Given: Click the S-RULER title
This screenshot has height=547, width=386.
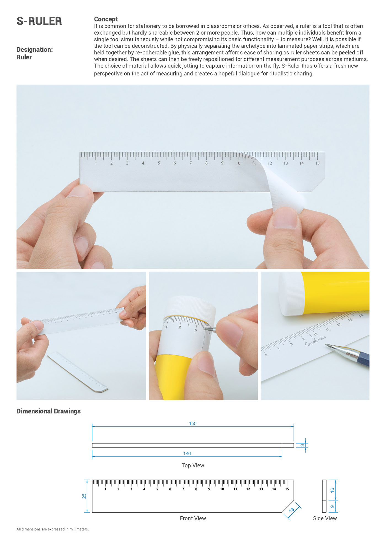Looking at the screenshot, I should click(39, 21).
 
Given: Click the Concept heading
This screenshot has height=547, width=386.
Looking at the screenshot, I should click(106, 19).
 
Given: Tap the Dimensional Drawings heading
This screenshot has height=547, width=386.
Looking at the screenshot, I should click(49, 411).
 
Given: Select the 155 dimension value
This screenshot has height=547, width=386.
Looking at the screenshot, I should click(193, 424).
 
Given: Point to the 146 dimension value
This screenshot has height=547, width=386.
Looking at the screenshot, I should click(187, 453).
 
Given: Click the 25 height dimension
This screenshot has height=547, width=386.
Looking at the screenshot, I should click(84, 496).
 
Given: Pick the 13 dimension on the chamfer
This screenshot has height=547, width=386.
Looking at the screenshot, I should click(292, 510).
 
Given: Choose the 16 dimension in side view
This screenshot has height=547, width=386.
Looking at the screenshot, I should click(332, 490).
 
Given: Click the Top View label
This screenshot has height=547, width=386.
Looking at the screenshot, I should click(193, 466).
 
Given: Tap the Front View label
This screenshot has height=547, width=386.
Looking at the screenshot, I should click(193, 518).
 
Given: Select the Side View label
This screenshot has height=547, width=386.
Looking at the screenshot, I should click(325, 518).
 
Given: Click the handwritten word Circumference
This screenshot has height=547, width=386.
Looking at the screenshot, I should click(315, 341).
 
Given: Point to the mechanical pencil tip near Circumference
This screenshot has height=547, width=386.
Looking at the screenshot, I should click(326, 345).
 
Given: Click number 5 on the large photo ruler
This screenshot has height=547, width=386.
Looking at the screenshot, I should click(159, 163).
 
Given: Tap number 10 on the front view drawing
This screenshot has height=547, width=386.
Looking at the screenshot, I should click(222, 489).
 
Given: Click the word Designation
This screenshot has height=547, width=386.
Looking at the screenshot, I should click(34, 50).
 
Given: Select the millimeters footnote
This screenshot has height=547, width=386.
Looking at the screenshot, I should click(52, 529).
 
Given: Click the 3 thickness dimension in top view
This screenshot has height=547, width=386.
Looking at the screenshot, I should click(302, 445).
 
